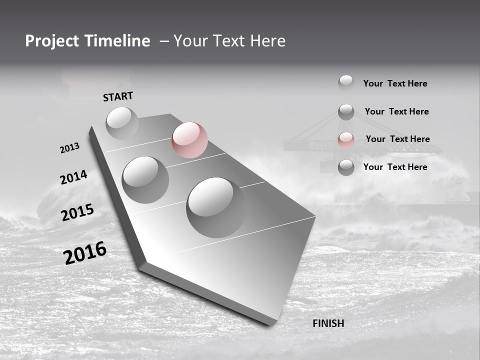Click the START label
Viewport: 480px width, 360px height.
(118, 96)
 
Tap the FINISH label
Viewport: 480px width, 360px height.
(328, 323)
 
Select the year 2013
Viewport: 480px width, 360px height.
(69, 148)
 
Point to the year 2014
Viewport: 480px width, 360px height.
(73, 177)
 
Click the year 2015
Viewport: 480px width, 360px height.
(77, 212)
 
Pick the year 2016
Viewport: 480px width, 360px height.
(85, 253)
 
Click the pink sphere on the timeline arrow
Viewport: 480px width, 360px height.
(189, 140)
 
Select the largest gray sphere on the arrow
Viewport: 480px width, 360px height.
(216, 207)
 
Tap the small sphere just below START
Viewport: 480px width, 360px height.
(122, 123)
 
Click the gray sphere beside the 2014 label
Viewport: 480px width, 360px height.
(145, 179)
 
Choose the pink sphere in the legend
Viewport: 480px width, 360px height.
(346, 140)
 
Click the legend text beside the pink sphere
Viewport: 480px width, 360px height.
(397, 139)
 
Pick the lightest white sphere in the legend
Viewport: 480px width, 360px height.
(346, 82)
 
